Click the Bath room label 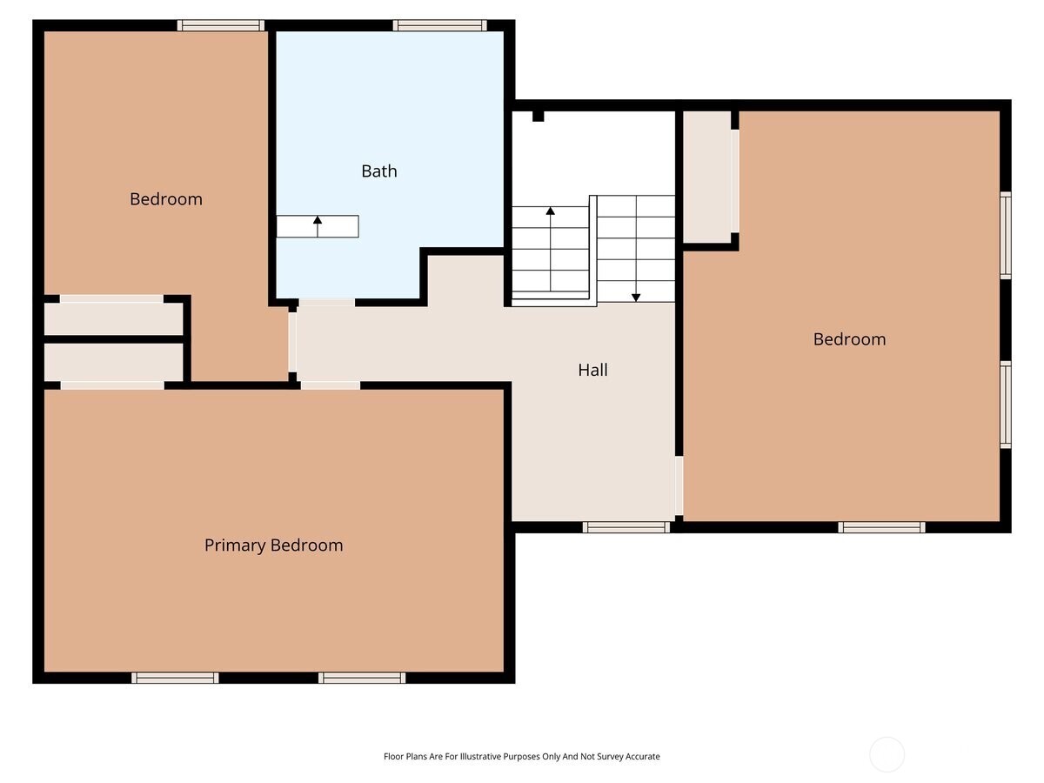coord(379,171)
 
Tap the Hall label coord(592,370)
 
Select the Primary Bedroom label coord(273,545)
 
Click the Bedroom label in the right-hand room coord(849,339)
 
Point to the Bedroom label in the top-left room coord(166,199)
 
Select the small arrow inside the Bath coord(318,222)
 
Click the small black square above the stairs coord(538,116)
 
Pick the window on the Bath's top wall coord(439,25)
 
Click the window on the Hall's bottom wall coord(626,526)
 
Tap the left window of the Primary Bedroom coord(175,678)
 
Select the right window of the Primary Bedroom coord(362,678)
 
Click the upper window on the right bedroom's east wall coord(1006,235)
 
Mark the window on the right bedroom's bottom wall coord(881,526)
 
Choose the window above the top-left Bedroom coord(221,25)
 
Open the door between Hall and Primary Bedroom coord(331,385)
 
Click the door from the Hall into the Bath coord(326,303)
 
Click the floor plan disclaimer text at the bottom coord(521,757)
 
